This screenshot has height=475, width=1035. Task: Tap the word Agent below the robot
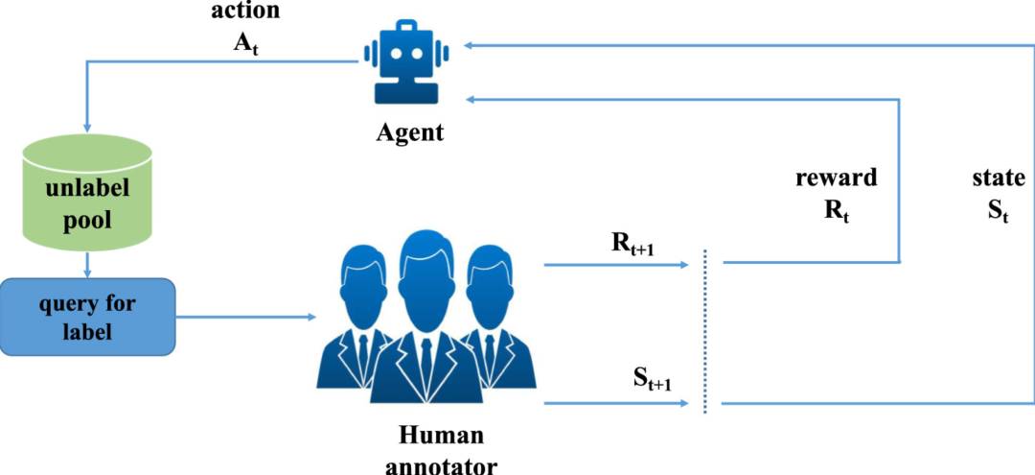point(409,132)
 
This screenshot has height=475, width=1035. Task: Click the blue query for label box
point(88,316)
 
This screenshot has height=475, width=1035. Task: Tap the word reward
point(835,179)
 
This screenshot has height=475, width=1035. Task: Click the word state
point(999,178)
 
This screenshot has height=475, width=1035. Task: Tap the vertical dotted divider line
point(705,331)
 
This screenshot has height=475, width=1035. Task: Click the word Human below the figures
point(441,436)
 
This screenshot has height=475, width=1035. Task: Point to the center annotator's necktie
point(424,355)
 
